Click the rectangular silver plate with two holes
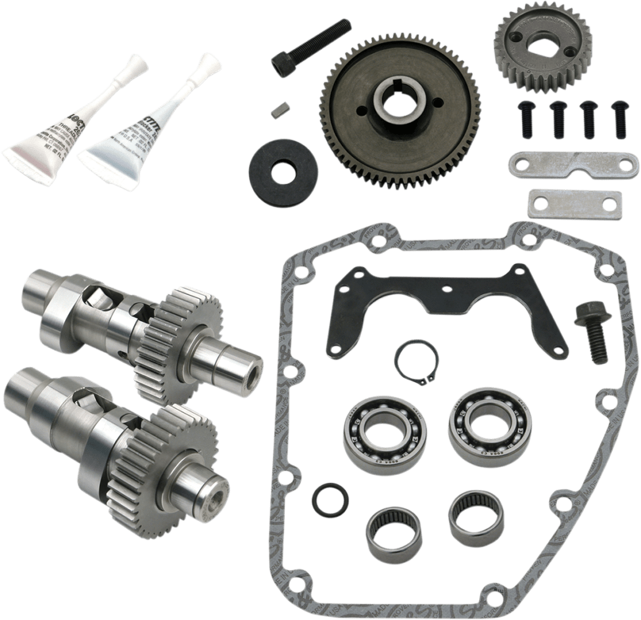point(574,203)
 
